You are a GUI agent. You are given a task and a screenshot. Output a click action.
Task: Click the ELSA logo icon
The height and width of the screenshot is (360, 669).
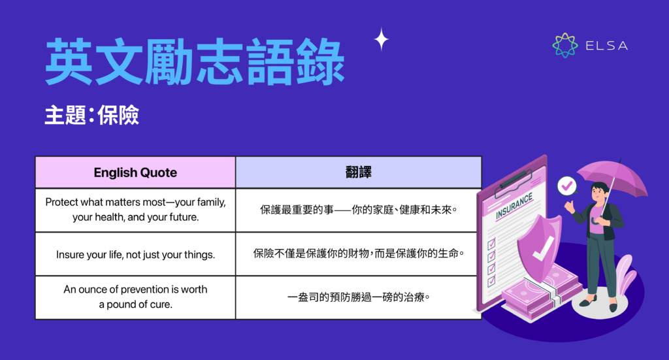coord(565,45)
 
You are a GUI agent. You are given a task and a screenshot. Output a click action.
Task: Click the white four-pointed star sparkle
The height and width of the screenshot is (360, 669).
coord(381,40)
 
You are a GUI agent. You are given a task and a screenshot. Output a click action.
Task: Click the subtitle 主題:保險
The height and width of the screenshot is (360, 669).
coord(92,116)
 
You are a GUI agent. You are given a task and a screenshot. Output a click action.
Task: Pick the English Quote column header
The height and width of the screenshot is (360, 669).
coord(135,172)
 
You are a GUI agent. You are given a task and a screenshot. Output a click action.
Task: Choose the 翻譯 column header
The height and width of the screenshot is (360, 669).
coord(359,172)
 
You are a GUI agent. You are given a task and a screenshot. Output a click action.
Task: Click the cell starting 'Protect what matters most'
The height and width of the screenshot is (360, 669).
coord(135,210)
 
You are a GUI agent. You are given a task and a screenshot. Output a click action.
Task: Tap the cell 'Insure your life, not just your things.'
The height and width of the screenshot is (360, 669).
coord(135,254)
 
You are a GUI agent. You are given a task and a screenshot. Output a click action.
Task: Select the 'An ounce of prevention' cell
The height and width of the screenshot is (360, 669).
coord(135,297)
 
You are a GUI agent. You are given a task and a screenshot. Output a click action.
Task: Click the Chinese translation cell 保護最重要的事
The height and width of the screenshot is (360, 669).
coord(358,210)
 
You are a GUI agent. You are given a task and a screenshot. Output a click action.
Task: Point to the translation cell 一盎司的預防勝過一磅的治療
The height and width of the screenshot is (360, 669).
coord(358,297)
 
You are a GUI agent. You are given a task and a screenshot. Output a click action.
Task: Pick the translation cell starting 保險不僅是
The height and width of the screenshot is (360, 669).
coord(358,254)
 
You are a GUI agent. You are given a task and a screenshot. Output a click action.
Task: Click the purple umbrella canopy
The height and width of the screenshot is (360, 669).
coord(612,177)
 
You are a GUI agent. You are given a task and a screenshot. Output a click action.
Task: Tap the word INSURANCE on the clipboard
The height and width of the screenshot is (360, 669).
coord(514,206)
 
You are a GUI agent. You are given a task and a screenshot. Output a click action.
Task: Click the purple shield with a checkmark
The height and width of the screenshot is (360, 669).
coord(540,244)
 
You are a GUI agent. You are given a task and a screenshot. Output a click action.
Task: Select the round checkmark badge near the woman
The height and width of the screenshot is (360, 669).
coord(566,187)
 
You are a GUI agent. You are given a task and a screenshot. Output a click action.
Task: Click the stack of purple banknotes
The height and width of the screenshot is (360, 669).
coord(542,294)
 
